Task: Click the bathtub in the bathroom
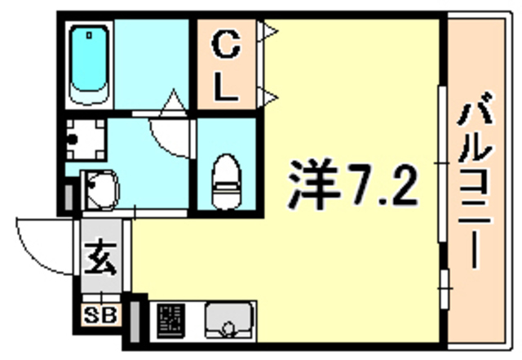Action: coord(89,64)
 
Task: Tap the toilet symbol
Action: coord(227,182)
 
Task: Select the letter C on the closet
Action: coord(226,44)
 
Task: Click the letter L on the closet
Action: coord(226,87)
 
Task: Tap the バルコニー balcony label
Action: coord(476,180)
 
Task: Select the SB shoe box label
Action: coord(100,314)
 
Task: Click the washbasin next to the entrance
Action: coord(100,190)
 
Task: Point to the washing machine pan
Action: coord(86,140)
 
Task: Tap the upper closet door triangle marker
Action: coord(268,31)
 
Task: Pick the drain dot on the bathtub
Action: coord(89,35)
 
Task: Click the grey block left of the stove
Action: coord(135,322)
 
